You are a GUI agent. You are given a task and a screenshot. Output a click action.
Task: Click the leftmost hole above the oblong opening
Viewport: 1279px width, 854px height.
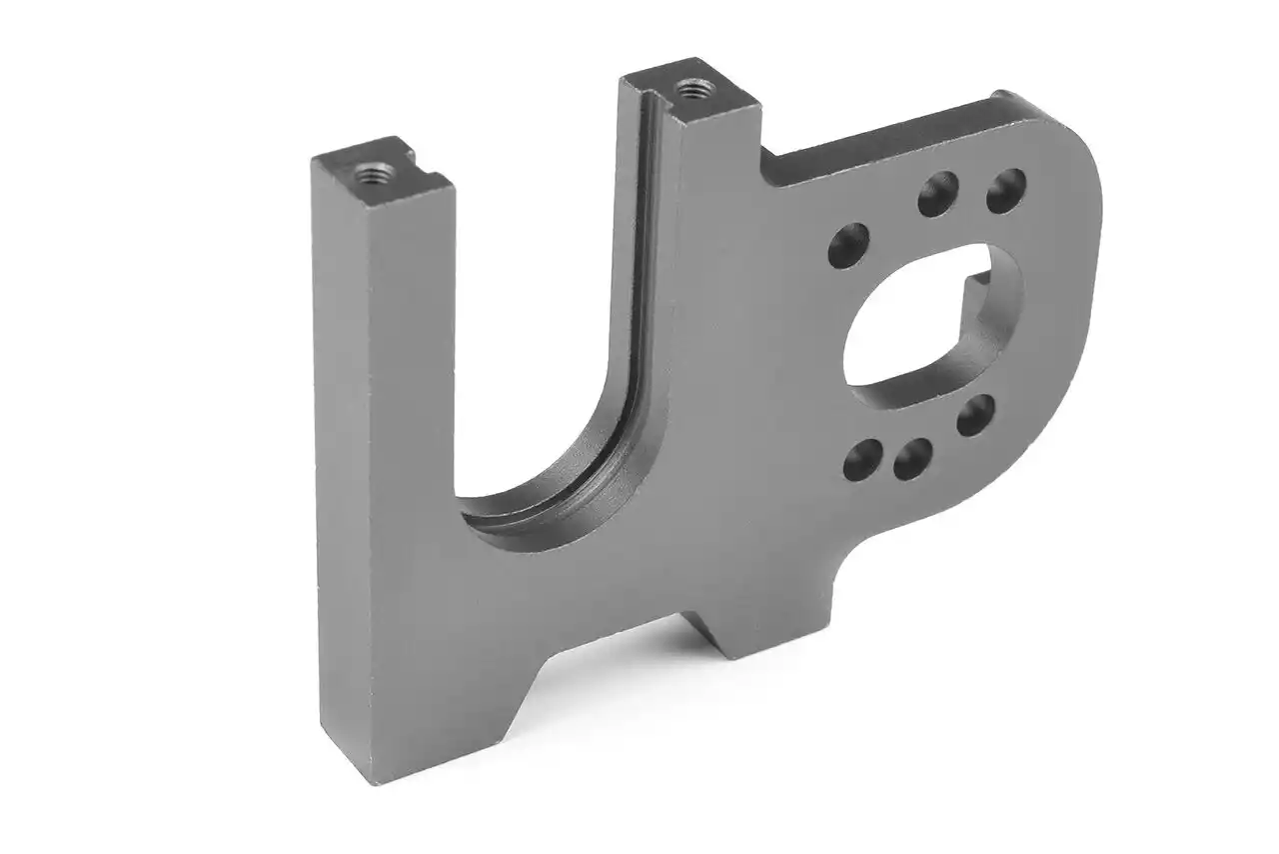coord(848,245)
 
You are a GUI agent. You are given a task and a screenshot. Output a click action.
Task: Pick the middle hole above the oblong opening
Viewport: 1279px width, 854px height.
coord(937,194)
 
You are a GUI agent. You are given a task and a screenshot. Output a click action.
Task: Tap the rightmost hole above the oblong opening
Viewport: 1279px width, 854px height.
coord(1005,190)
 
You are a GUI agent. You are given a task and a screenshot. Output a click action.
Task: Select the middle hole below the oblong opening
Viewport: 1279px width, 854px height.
coord(913,459)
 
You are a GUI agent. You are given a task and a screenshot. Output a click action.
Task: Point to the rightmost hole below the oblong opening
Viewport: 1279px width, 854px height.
coord(975,415)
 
